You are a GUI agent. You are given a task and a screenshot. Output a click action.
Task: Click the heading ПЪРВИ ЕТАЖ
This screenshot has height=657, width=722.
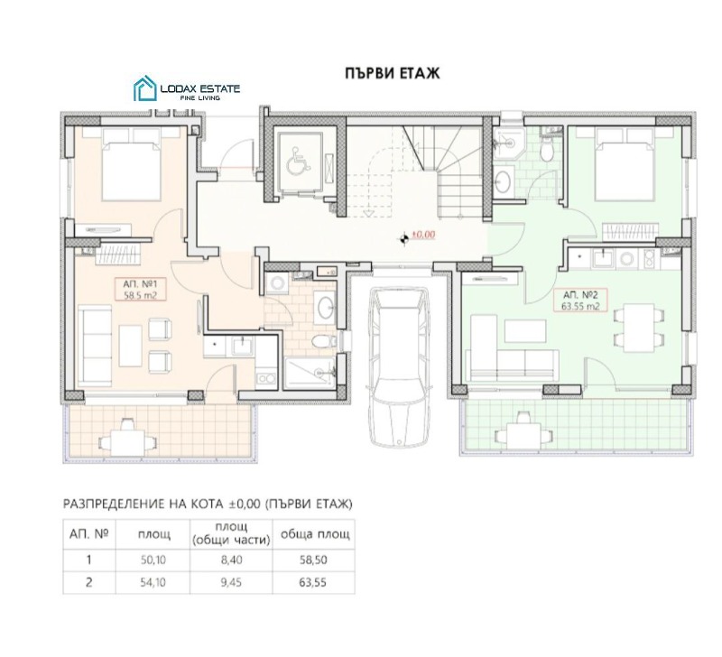click(393, 74)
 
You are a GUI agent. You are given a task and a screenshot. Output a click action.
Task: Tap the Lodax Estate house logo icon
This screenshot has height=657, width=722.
click(145, 88)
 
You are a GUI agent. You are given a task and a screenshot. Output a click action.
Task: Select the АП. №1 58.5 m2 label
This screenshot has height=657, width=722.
click(141, 289)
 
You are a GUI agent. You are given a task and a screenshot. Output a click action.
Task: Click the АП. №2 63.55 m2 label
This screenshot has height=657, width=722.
click(580, 300)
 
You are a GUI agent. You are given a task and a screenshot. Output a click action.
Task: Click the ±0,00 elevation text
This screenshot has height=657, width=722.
click(423, 235)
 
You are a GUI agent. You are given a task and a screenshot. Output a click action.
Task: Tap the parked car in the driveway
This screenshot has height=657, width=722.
click(399, 367)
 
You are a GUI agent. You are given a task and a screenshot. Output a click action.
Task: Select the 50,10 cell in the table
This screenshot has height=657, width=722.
click(153, 560)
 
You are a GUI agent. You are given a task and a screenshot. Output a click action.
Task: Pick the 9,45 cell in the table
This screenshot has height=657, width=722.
click(231, 582)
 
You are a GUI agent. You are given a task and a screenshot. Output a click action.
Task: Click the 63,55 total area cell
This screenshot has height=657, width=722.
click(312, 582)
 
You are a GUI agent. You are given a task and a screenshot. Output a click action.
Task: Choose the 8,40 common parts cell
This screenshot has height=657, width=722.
click(231, 560)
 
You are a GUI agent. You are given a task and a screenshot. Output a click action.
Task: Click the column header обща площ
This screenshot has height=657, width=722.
click(315, 534)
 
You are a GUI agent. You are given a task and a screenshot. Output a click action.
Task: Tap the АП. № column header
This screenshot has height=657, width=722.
click(88, 534)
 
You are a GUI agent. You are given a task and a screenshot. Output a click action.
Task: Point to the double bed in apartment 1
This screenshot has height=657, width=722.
click(131, 164)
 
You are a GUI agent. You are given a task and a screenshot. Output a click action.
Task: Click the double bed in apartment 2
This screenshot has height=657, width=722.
click(625, 164)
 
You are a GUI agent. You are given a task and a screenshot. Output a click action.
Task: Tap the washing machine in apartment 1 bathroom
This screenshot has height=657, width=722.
click(277, 282)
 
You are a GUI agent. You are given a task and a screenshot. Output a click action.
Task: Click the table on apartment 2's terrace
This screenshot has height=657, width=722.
click(523, 433)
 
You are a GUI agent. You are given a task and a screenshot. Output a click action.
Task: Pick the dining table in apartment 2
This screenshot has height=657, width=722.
click(640, 328)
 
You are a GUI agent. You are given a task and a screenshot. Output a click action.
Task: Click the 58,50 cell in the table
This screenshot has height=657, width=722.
click(312, 560)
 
